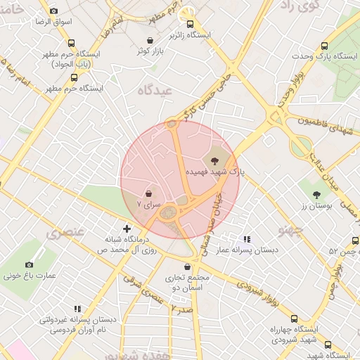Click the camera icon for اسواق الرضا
(54, 11)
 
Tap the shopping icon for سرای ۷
(149, 193)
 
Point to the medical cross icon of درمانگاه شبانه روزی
(127, 228)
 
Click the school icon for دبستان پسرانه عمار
(246, 239)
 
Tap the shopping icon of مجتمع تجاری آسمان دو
(186, 266)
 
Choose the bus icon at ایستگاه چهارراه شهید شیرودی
(294, 319)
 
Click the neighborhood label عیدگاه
(155, 90)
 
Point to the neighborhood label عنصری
(65, 231)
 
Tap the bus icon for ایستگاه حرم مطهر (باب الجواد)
(71, 44)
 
